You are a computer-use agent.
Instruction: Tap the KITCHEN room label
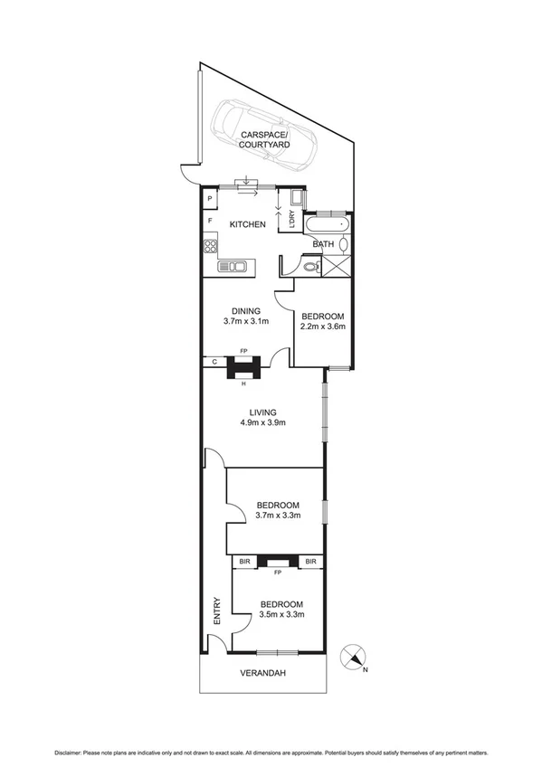coord(247,224)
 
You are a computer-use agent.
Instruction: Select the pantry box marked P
coord(210,200)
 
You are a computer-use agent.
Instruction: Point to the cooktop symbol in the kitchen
coord(210,244)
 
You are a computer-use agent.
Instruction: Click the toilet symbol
coord(310,266)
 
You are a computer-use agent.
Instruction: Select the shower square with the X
coord(338,265)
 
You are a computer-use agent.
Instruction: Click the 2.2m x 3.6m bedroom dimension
coord(323,327)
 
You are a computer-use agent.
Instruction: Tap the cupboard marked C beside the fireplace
coord(213,362)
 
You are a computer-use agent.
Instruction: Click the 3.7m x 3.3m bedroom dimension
coord(278,516)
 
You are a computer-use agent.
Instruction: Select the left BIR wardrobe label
coord(243,562)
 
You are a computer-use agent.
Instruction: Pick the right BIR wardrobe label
coord(310,562)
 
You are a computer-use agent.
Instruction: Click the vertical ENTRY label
coord(217,612)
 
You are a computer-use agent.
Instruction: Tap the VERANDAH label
coord(261,673)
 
